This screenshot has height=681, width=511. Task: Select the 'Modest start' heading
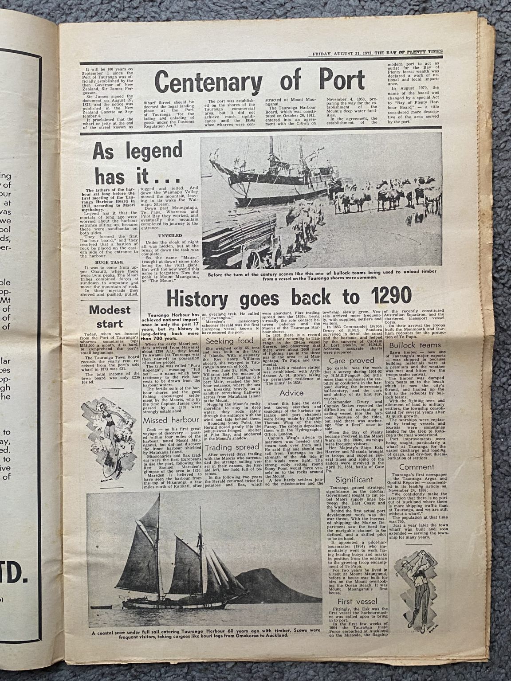click(x=110, y=316)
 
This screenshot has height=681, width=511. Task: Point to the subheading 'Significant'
click(x=354, y=480)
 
